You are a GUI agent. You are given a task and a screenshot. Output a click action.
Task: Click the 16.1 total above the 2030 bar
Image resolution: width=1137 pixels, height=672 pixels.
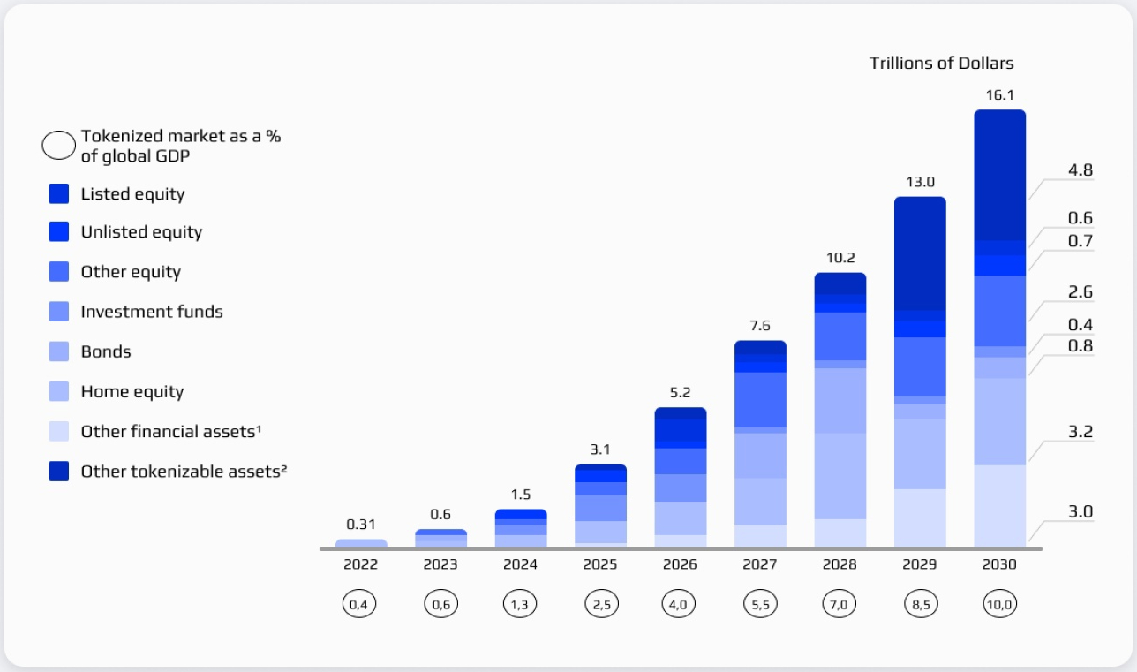point(999,94)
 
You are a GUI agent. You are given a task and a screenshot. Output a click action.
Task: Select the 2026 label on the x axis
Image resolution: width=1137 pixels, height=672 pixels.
point(680,565)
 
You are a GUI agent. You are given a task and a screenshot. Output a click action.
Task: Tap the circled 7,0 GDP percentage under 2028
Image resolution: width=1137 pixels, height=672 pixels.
point(840,605)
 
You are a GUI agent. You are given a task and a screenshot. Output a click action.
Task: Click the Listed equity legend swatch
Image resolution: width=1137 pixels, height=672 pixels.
point(59,193)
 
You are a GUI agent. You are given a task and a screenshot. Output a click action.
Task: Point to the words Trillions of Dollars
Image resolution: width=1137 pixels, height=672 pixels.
point(941,63)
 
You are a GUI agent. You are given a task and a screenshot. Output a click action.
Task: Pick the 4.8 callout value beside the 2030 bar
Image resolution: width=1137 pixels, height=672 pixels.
point(1081,171)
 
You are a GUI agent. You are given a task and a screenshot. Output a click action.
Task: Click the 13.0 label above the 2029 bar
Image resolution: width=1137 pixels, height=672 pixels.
point(919,181)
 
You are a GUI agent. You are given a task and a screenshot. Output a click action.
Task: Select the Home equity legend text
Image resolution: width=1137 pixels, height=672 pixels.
point(132,391)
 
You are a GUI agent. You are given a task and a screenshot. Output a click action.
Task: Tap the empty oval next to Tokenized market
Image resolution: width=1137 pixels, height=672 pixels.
point(59,145)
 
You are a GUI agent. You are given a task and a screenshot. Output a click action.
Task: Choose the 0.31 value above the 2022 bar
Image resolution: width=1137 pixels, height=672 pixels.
point(361,524)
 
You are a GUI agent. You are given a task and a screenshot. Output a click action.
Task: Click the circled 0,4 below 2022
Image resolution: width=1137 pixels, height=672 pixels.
point(360,605)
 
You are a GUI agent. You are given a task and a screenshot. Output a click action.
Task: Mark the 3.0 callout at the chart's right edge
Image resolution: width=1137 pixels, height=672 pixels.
point(1081,511)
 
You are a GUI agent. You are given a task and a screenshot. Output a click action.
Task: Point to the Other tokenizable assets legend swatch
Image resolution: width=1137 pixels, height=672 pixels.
point(59,472)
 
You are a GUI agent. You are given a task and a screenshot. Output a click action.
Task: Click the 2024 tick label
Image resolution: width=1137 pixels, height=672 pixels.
point(520,565)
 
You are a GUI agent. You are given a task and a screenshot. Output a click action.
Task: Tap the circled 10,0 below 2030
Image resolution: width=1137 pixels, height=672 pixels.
point(999,605)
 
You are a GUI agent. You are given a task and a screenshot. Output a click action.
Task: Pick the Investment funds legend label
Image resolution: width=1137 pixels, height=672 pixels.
point(152,312)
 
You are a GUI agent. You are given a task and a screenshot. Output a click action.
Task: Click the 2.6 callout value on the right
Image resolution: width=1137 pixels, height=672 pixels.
point(1081,291)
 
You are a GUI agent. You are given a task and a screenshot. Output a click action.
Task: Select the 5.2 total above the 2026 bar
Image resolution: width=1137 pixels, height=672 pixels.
point(680,391)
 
